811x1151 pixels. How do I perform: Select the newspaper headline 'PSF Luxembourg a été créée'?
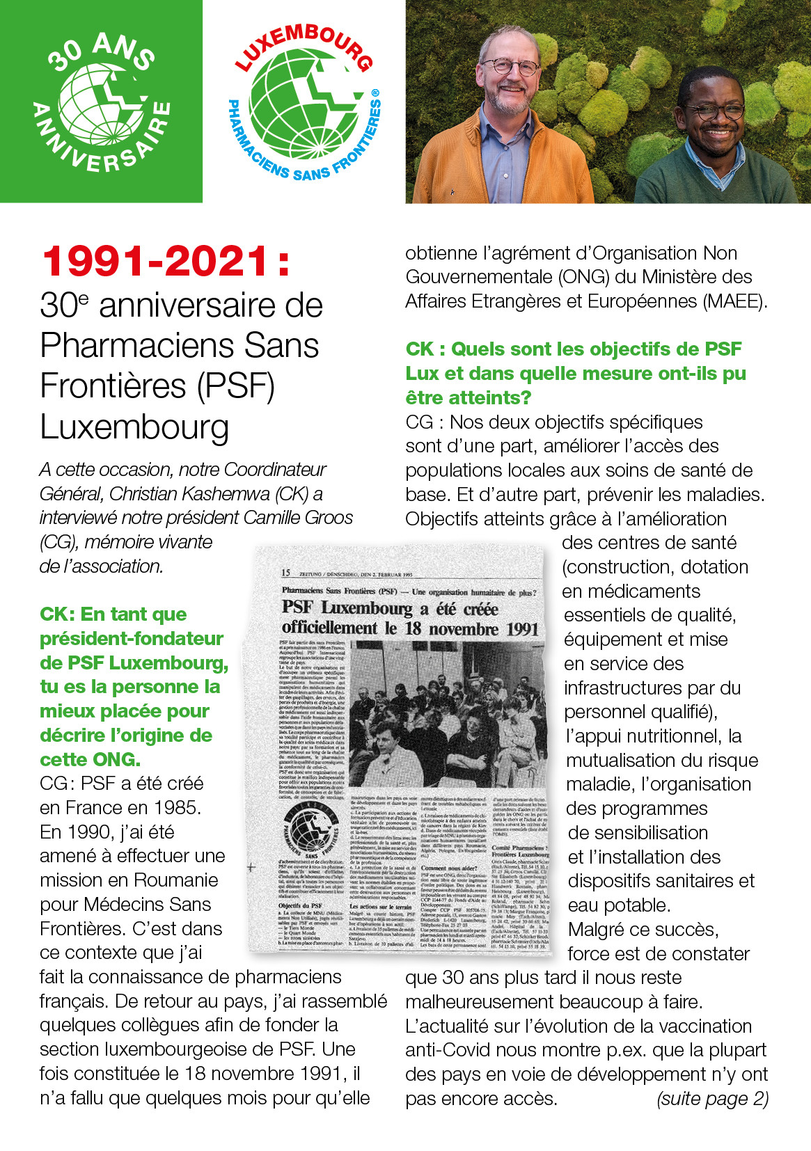[390, 609]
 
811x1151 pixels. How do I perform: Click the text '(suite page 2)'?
[712, 1099]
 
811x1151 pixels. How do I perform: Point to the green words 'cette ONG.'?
[90, 759]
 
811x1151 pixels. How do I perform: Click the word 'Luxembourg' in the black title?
[134, 427]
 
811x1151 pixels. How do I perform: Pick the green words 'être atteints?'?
[469, 398]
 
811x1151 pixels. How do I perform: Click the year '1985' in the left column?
[177, 808]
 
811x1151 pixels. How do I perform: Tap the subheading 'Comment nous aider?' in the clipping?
[449, 868]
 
